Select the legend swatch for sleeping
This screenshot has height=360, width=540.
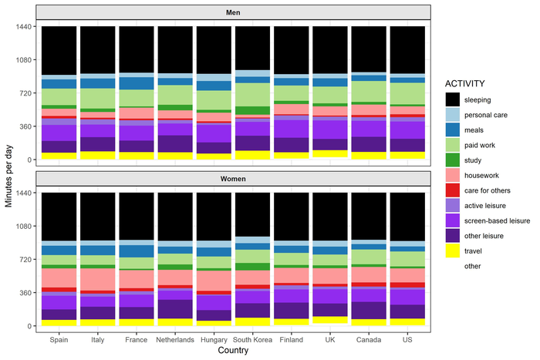tap(454, 100)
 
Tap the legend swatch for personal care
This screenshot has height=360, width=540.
tap(454, 115)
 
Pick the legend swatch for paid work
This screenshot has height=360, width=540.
tap(454, 145)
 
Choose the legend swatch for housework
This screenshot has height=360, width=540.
tap(454, 175)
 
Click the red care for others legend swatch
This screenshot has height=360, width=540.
tap(454, 190)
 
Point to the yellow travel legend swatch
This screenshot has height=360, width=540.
tap(454, 251)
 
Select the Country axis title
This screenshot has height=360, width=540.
tap(232, 351)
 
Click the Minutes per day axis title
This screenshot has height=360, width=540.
tap(8, 176)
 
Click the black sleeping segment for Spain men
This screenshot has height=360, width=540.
tap(59, 50)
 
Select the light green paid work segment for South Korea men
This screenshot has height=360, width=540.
tap(253, 94)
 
